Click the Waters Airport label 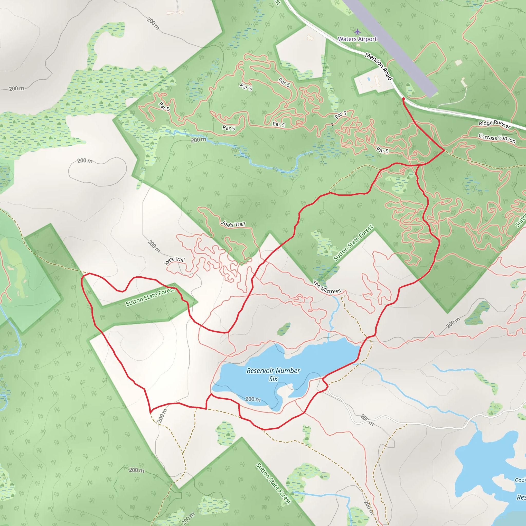[357, 39]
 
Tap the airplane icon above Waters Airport [358, 32]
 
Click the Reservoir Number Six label [273, 375]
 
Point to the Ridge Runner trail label [495, 124]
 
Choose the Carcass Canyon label [497, 138]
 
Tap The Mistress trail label [327, 287]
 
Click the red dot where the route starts [403, 99]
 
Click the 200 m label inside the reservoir [253, 399]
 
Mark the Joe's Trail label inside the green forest [233, 224]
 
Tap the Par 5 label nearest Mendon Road [341, 115]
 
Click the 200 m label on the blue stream [199, 140]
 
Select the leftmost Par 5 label [164, 106]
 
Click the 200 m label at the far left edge [17, 89]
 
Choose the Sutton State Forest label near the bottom [273, 483]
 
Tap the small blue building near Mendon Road [369, 79]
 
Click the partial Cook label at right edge [520, 480]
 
